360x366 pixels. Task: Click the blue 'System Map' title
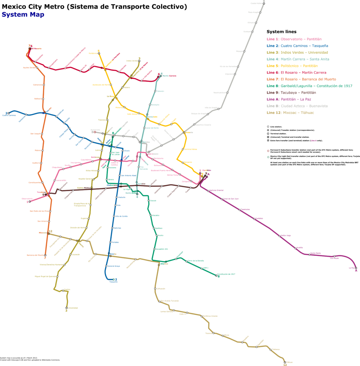coord(23,15)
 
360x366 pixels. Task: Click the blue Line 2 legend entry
coord(297,46)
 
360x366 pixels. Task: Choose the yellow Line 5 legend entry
coord(292,66)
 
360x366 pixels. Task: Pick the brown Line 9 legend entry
coord(291,93)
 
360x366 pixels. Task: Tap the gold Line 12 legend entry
coord(290,113)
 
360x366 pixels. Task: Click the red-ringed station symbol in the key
coord(268,151)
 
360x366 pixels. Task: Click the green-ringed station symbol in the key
coord(268,157)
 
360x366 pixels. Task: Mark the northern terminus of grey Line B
coord(264,2)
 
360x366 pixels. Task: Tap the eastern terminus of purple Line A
coord(355,268)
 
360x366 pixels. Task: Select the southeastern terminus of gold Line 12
coord(284,361)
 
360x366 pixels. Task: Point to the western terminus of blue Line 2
coord(7,114)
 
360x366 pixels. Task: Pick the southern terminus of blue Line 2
coord(114,279)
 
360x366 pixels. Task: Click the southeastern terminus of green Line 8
coord(217,275)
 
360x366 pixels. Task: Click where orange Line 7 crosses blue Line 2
coord(45,113)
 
